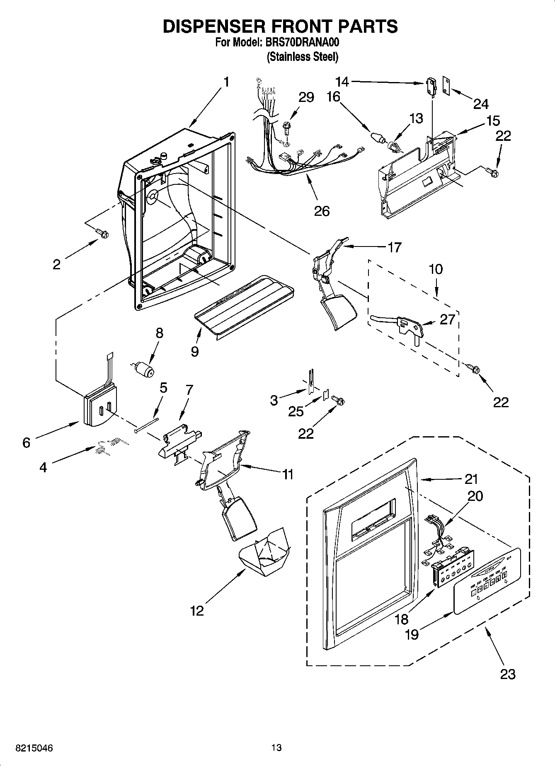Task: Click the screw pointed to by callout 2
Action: pyautogui.click(x=102, y=234)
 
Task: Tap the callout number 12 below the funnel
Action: pyautogui.click(x=197, y=611)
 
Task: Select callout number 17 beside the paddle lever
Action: pyautogui.click(x=394, y=247)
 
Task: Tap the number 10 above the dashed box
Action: pyautogui.click(x=436, y=269)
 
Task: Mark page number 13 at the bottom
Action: pyautogui.click(x=276, y=748)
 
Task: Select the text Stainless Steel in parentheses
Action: pyautogui.click(x=303, y=57)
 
